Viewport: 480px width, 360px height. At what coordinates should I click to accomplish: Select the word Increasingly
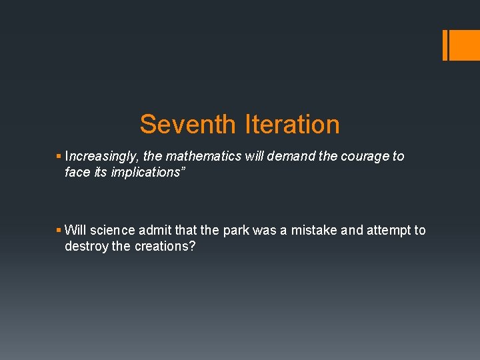click(x=102, y=157)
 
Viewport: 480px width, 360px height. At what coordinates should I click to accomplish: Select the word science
click(x=113, y=231)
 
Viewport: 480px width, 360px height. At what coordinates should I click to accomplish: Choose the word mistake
click(x=310, y=231)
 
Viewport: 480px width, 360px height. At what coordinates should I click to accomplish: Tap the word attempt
click(x=387, y=231)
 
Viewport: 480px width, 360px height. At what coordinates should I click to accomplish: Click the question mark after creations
click(x=193, y=247)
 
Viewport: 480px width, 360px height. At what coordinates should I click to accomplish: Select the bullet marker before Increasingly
click(x=59, y=157)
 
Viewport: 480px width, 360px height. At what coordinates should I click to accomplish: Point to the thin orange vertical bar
click(x=445, y=45)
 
